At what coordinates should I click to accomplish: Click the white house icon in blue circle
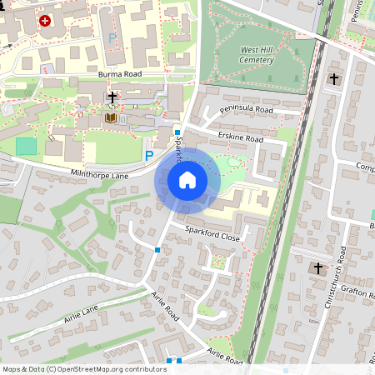[x=187, y=179]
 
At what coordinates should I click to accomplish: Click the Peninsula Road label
[x=247, y=109]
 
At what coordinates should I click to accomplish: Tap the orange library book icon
[x=111, y=117]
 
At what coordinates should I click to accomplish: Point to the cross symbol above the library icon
[x=112, y=98]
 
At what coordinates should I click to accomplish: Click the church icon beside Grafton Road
[x=317, y=269]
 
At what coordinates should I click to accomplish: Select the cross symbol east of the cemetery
[x=334, y=79]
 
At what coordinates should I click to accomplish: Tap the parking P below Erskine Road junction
[x=150, y=155]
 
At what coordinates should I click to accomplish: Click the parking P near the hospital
[x=112, y=37]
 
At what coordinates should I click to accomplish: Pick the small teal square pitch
[x=27, y=146]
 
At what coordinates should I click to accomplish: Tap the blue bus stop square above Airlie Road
[x=157, y=248]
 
